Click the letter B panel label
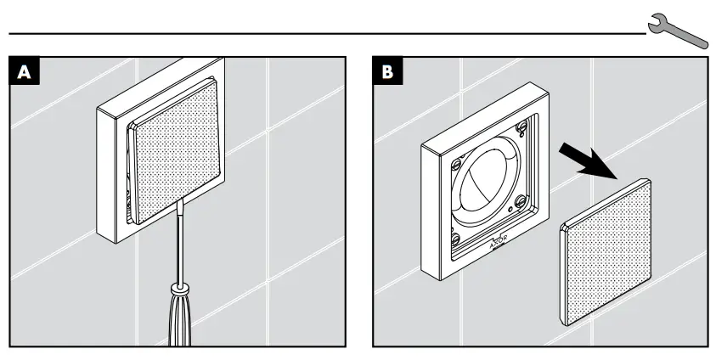386,71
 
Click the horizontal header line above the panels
323,35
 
